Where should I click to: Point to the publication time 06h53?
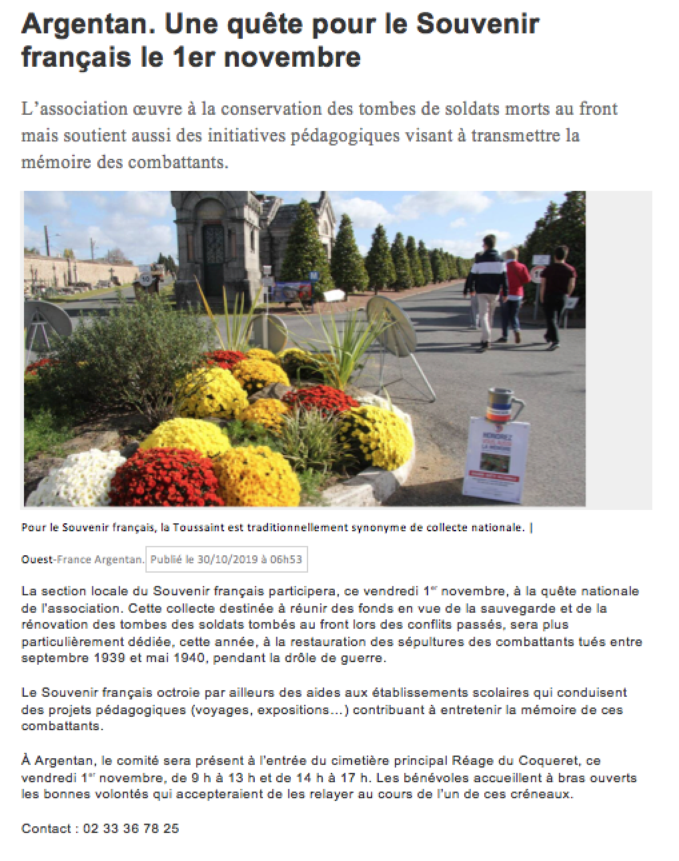tap(287, 559)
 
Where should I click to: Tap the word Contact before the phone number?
tap(45, 828)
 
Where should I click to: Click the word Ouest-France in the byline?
tap(56, 559)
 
